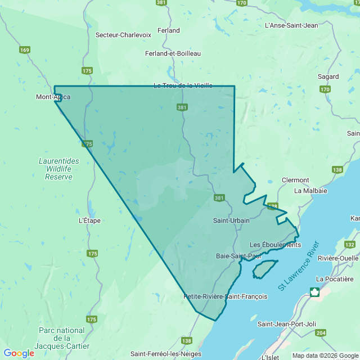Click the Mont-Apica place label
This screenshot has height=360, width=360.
53,97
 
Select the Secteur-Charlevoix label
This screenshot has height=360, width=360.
123,35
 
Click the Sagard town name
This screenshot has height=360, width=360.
328,76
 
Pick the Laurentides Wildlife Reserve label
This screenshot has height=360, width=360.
59,169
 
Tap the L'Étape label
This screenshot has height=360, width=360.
89,220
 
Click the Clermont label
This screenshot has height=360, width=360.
295,180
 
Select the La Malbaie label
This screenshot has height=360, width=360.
310,191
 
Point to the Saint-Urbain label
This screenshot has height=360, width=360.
231,220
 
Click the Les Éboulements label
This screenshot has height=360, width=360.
275,245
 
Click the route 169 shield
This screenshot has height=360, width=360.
24,50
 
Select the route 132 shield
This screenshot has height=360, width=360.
349,245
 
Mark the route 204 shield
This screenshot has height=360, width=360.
321,333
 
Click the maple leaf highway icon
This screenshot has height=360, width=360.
314,292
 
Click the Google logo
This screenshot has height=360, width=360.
19,353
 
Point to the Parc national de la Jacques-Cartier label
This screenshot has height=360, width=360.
62,338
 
